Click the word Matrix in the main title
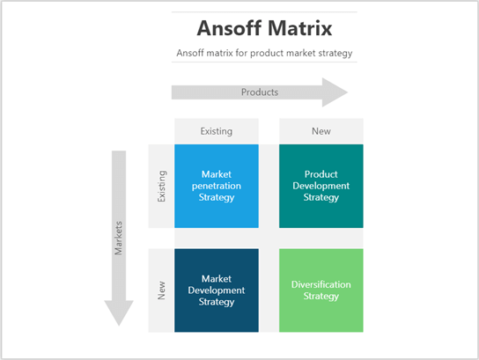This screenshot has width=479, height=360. tap(301, 28)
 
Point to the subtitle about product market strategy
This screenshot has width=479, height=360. tap(264, 53)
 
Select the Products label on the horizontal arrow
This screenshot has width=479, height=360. tap(260, 92)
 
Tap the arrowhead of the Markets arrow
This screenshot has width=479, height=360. tap(119, 312)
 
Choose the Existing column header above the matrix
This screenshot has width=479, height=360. tap(217, 131)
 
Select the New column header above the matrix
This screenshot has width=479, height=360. tap(321, 131)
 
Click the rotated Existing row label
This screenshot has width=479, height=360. tap(161, 186)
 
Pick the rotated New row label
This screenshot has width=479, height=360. tap(161, 290)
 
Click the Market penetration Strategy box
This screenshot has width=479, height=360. tap(217, 186)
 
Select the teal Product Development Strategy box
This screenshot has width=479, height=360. tap(321, 186)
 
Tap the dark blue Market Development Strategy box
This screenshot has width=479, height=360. tap(217, 290)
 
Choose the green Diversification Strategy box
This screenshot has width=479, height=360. tap(321, 290)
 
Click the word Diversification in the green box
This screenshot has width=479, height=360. tap(321, 284)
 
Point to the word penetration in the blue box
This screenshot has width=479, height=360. tap(217, 186)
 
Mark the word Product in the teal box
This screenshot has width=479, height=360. tap(321, 174)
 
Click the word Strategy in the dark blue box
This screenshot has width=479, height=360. tap(217, 302)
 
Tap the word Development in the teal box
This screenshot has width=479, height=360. tap(321, 186)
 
